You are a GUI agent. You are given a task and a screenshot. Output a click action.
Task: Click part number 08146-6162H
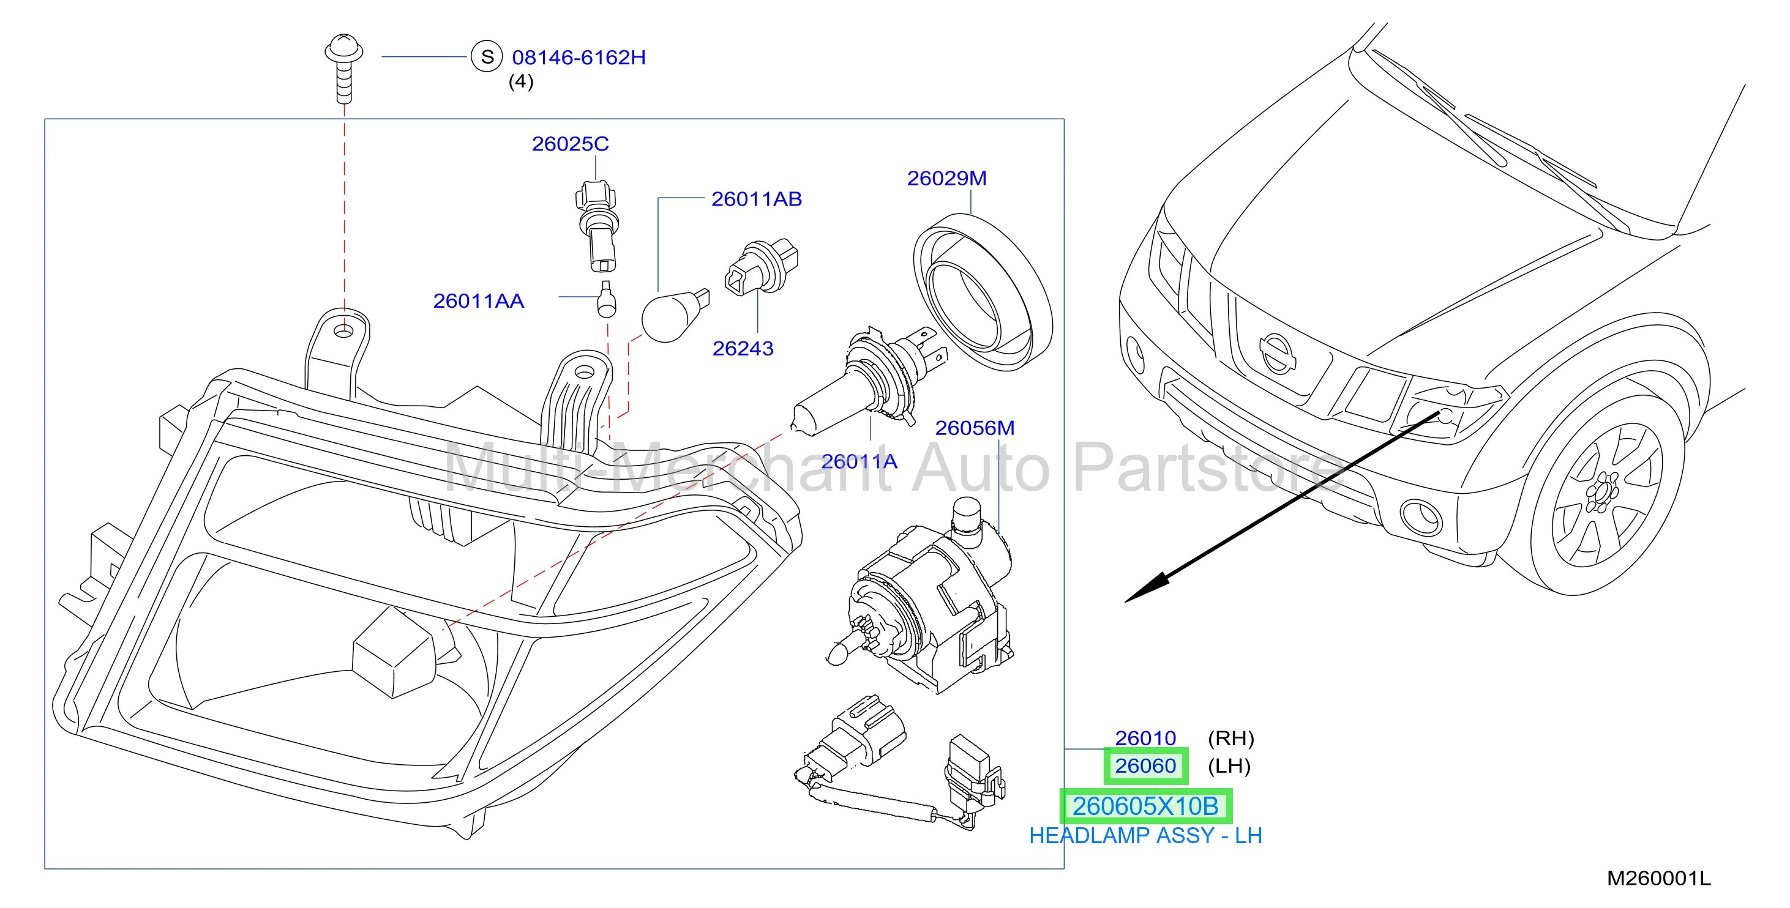point(579,57)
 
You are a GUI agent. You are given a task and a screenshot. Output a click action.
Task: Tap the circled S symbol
point(487,56)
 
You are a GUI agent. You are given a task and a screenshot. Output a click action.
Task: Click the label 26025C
point(570,144)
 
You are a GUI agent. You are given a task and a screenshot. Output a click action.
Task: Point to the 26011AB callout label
point(757,199)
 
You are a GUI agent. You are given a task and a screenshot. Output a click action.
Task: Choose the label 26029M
point(946,179)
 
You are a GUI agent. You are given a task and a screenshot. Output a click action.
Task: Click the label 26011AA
point(478,301)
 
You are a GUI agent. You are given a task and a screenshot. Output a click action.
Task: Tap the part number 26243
point(743,348)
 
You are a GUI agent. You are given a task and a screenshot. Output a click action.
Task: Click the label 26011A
point(859,461)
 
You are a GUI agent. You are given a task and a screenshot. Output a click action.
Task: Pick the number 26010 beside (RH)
point(1145,738)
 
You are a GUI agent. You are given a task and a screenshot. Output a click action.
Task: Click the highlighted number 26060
point(1145,765)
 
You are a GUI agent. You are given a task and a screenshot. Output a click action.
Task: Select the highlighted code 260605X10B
point(1145,806)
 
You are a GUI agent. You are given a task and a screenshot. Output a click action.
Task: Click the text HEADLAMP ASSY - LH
point(1145,835)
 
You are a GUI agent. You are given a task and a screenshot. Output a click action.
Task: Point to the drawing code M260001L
point(1658,879)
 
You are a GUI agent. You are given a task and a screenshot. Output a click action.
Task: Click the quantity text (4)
point(520,81)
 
